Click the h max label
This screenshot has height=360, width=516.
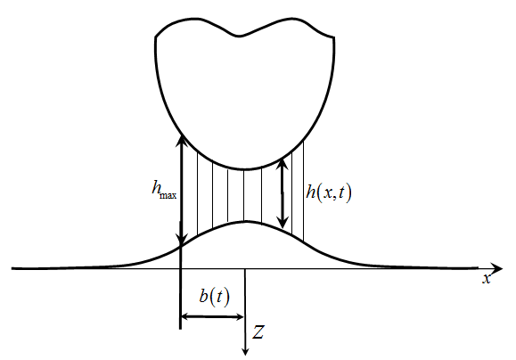[x=164, y=190]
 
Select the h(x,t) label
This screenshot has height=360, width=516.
[x=329, y=192]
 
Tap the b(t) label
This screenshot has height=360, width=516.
[x=214, y=297]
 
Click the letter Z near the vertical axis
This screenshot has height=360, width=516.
[x=258, y=332]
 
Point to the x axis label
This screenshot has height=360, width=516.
[x=487, y=279]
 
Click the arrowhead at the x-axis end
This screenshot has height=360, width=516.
[x=497, y=268]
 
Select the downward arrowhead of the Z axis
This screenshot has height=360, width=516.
[x=245, y=352]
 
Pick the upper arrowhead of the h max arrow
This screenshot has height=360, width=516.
[x=181, y=141]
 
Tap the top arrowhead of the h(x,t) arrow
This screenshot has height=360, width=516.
[x=283, y=164]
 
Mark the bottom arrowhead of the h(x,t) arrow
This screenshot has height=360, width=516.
[x=283, y=222]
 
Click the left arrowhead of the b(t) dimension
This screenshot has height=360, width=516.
[x=185, y=316]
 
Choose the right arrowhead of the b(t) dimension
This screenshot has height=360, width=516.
[x=240, y=317]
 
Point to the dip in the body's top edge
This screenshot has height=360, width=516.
[x=239, y=36]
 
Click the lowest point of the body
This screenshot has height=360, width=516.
[x=245, y=169]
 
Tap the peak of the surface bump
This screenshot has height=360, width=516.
[x=247, y=222]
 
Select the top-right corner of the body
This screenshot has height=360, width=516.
[x=333, y=37]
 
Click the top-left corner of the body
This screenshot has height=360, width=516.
[x=155, y=37]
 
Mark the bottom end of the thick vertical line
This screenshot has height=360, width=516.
[x=180, y=329]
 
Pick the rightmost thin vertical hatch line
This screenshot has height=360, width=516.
[x=303, y=192]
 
